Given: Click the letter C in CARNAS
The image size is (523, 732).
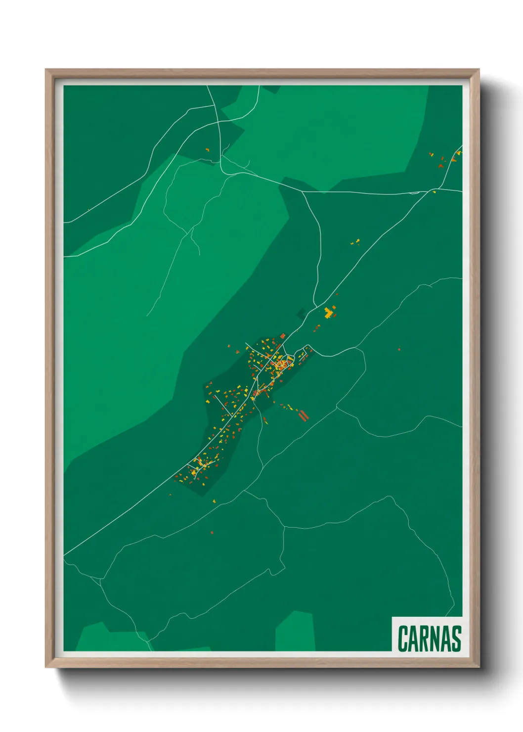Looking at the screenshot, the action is pos(402,639).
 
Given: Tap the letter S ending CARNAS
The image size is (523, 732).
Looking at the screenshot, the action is pos(456,639).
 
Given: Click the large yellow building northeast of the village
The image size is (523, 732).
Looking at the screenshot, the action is pos(328,313).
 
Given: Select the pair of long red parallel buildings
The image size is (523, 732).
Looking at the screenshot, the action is pos(303,414).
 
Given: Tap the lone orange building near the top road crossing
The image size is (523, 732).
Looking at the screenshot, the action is pos(207,149).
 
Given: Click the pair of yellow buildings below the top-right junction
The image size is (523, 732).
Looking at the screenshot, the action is pos(355,242).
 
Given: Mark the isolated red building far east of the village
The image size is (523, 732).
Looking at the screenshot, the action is pos(399,349).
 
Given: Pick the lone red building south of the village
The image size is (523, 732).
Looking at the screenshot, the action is pos(212,533).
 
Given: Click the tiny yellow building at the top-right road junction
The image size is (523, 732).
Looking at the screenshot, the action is pos(435,191).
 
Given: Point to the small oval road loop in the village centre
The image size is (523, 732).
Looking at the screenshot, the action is pos(282,365).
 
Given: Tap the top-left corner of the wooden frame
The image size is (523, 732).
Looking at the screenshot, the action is pos(46,70).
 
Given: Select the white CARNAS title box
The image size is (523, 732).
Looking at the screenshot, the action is pos(428,635).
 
